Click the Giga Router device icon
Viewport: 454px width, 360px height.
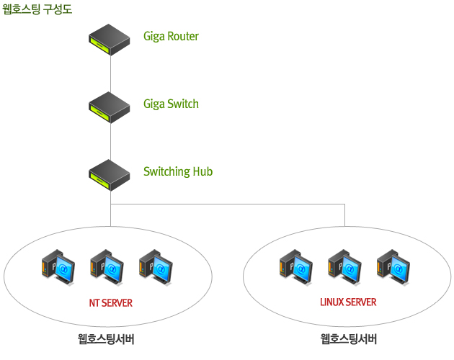pos(110,40)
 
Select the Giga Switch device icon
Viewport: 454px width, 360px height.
pos(110,107)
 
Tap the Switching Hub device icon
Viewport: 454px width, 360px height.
pos(110,175)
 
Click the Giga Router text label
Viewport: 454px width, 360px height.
pos(171,36)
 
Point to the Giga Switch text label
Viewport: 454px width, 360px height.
pos(171,104)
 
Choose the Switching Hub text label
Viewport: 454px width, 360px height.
pos(178,171)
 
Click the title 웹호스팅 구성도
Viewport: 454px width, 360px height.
pos(37,9)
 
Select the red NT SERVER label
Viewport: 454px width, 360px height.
pos(110,303)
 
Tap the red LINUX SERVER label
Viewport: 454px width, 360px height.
pos(348,302)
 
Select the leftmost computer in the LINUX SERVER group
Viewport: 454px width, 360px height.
pos(295,265)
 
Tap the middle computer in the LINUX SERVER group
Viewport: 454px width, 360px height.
pos(344,265)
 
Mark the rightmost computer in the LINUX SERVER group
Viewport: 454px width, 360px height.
pos(393,265)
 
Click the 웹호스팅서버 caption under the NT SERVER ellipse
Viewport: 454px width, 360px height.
pos(106,339)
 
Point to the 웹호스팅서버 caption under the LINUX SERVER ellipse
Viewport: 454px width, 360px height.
pos(349,339)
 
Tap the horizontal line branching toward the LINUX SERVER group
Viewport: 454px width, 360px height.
pos(231,204)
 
